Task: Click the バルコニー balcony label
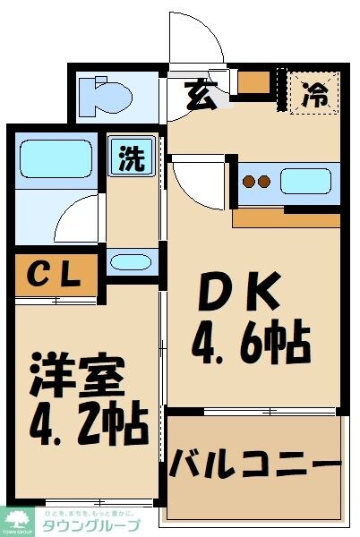tap(255, 465)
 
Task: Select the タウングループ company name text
tap(90, 526)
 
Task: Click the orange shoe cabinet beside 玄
tap(255, 82)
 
